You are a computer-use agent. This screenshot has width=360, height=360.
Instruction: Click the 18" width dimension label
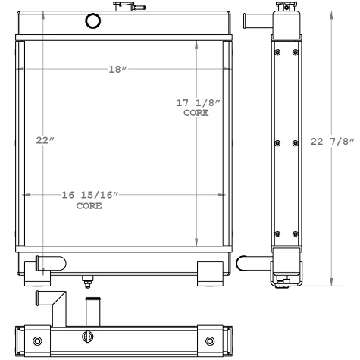[117, 69]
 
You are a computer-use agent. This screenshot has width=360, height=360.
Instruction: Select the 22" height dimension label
[45, 140]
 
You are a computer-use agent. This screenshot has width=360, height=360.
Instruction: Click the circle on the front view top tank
[92, 20]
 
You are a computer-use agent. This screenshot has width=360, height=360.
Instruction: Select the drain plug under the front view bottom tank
[87, 282]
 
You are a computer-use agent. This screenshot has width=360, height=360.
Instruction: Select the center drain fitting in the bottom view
[89, 338]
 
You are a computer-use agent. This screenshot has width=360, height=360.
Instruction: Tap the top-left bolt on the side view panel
[277, 52]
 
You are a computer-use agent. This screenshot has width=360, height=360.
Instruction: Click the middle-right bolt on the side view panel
[296, 142]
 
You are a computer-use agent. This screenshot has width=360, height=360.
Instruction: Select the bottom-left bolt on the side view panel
[277, 233]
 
